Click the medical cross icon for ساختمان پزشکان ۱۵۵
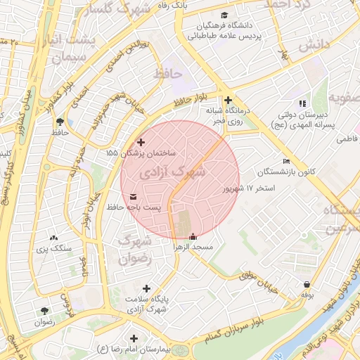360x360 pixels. tap(141, 142)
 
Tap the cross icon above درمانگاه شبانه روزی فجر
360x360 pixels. tap(228, 100)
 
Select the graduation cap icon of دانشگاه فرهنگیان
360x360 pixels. tap(224, 15)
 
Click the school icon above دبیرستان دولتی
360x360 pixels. tap(303, 103)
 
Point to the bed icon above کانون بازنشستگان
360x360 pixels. tap(285, 161)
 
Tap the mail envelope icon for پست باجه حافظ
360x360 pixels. tap(134, 197)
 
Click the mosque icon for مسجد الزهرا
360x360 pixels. tap(193, 236)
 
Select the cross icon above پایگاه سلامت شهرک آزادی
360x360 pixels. tap(146, 288)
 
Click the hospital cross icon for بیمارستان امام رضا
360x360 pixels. tap(131, 338)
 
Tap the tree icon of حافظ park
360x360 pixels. tap(59, 121)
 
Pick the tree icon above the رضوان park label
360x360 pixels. tap(45, 310)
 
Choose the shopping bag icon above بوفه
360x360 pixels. tap(307, 285)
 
